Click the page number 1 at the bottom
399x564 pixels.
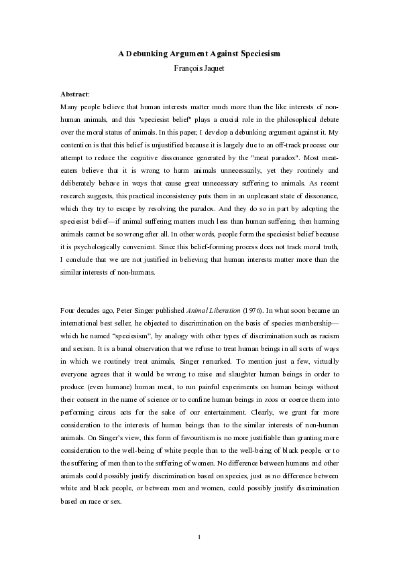coord(199,517)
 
